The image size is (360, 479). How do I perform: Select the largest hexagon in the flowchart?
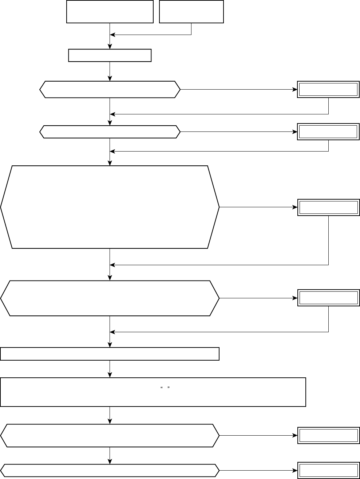click(x=110, y=207)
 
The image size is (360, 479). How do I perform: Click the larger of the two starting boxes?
click(x=110, y=12)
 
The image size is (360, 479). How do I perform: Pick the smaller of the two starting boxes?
click(x=191, y=12)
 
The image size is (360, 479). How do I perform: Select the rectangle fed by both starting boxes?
click(x=110, y=56)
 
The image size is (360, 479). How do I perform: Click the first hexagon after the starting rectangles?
click(x=110, y=89)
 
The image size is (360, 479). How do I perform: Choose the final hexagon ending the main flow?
click(x=110, y=471)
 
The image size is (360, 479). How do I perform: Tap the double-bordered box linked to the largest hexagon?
click(x=329, y=207)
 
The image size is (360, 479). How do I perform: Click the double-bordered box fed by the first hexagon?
click(x=329, y=89)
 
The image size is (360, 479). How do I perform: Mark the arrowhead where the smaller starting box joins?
click(x=112, y=35)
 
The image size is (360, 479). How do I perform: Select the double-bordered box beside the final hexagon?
click(x=329, y=471)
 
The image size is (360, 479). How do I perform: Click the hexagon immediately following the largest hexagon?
click(x=110, y=298)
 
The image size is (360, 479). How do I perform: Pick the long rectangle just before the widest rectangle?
click(x=110, y=354)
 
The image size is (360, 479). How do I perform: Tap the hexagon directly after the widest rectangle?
click(x=110, y=435)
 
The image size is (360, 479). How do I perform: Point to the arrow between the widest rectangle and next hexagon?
click(x=110, y=415)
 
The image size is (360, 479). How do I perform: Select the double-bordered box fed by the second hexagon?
click(x=329, y=131)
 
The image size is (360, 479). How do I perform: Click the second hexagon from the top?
click(x=110, y=131)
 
